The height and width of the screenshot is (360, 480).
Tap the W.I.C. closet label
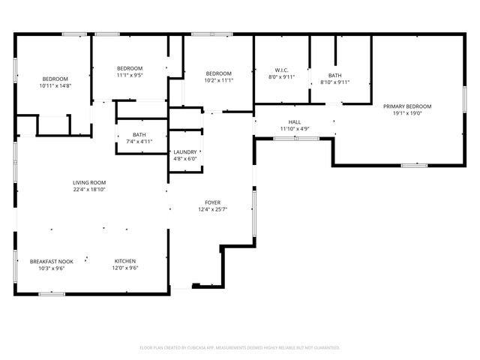click(282, 70)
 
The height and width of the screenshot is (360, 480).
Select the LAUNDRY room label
click(185, 152)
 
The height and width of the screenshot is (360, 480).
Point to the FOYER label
click(213, 202)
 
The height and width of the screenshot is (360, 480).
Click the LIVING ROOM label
click(89, 182)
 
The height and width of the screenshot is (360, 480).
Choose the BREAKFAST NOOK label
click(52, 262)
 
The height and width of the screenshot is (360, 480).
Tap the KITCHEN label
click(125, 262)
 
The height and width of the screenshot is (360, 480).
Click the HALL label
click(295, 122)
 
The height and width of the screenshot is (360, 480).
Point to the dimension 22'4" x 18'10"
click(89, 189)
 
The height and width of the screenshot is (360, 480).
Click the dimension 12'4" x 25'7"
click(213, 209)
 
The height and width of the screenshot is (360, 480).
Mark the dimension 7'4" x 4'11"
click(139, 141)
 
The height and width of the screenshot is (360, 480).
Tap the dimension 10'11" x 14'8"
click(55, 85)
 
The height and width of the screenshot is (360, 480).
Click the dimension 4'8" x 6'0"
click(185, 159)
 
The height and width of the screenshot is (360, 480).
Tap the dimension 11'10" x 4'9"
click(295, 129)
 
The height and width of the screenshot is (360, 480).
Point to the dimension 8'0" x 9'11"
click(282, 76)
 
